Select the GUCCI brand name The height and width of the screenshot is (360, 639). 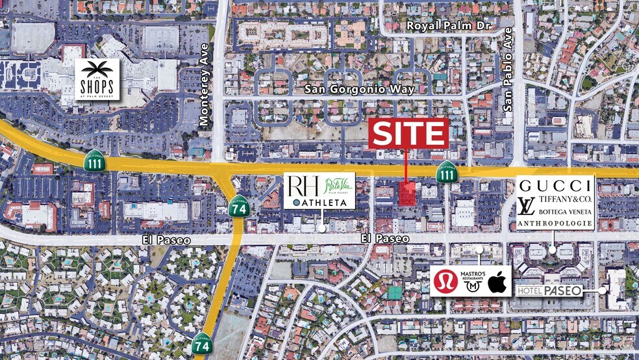pos(554,184)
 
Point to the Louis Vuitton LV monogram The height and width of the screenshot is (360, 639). pos(526,207)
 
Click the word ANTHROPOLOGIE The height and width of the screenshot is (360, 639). pos(555,224)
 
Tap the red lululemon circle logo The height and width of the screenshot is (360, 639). pos(445,281)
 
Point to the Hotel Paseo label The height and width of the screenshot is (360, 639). pos(549,290)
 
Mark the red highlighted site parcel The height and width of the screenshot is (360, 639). pos(407,194)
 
